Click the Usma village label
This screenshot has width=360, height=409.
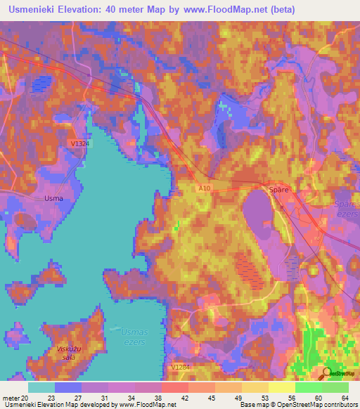click(x=53, y=198)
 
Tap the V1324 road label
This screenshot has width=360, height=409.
click(x=80, y=143)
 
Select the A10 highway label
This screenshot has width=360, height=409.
click(x=204, y=188)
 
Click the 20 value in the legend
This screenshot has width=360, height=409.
click(x=25, y=398)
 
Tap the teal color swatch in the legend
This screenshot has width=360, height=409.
click(x=41, y=387)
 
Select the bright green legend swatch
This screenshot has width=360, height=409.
click(x=308, y=387)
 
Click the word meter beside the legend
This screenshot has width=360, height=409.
click(x=11, y=398)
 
